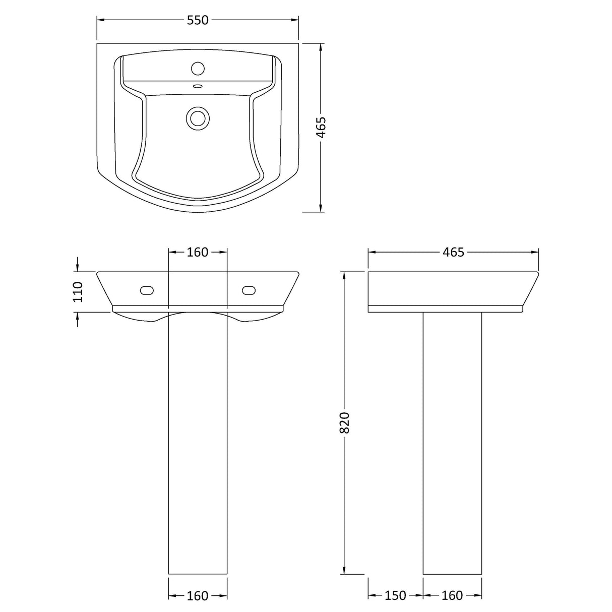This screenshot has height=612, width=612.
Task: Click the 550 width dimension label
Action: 198,20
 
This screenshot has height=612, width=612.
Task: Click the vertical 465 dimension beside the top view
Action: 322,128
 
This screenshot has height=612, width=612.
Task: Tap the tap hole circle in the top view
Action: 198,68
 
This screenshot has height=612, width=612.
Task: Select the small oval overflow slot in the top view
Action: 198,85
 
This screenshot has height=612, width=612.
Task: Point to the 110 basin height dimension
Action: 78,291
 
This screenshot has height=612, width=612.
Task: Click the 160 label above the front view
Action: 198,252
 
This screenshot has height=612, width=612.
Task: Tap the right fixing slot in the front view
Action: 249,290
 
